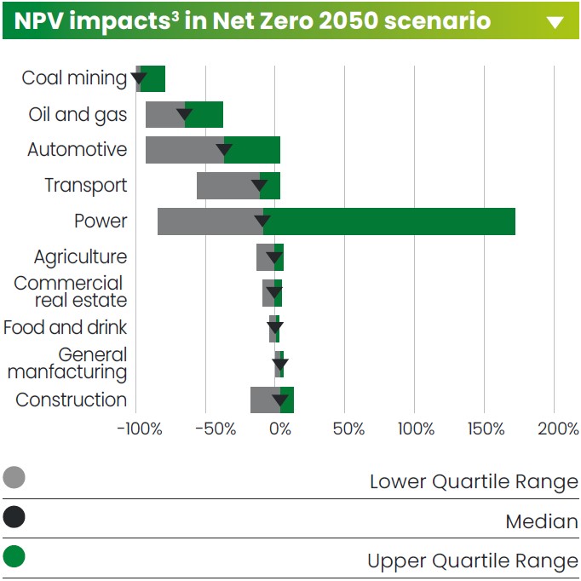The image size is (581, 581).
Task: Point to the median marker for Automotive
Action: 224,151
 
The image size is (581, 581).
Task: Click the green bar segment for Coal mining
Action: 153,78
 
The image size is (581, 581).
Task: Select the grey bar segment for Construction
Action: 264,400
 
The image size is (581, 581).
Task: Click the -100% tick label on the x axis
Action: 138,428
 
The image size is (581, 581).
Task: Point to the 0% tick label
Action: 280,428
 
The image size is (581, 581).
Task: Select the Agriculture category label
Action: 80,257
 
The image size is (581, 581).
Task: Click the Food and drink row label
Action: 65,328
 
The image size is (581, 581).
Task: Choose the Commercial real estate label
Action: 71,291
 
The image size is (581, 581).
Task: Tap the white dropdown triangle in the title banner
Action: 555,22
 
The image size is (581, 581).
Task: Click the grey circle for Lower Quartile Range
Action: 14,478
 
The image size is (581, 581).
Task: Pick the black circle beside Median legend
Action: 14,517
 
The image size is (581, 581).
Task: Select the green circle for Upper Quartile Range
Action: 14,557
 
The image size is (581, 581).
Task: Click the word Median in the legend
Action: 541,521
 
